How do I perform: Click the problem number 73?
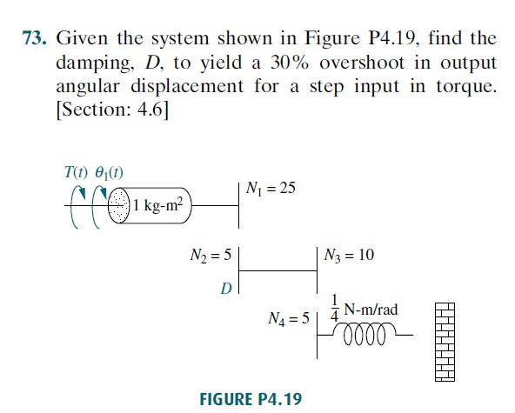34,38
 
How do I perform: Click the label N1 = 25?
271,189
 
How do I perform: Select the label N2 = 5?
211,256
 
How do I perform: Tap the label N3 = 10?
349,255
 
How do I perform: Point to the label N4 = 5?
289,318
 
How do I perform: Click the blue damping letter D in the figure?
226,289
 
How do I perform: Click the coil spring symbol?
365,334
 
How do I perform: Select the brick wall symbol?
445,342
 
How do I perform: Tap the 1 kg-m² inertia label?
157,205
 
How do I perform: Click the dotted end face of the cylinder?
119,205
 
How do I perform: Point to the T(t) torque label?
77,171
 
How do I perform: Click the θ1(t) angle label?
109,172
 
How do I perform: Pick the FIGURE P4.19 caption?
251,399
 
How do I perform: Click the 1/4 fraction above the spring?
334,309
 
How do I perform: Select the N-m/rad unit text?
371,310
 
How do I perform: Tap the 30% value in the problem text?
290,63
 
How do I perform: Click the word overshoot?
362,63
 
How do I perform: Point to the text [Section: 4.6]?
112,110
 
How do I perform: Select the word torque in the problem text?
466,87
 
